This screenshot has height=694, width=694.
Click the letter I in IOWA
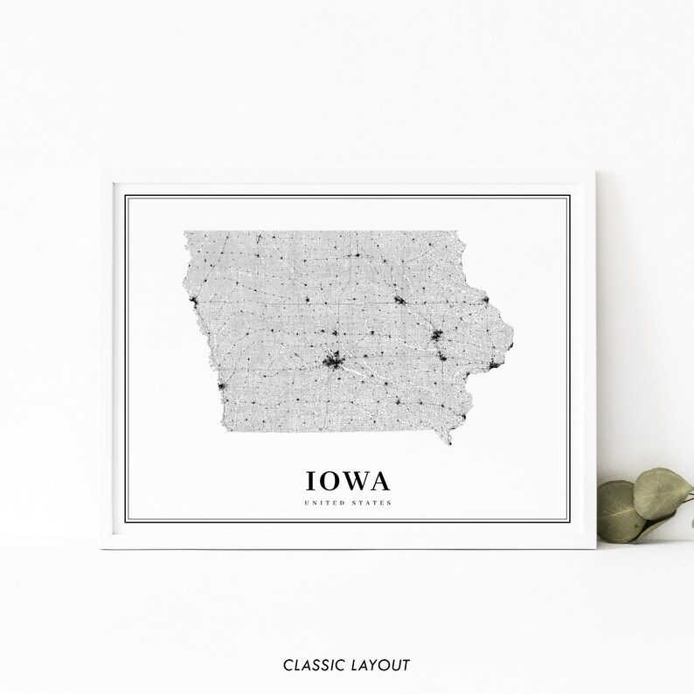[x=309, y=481]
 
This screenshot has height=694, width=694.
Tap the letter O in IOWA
[x=327, y=481]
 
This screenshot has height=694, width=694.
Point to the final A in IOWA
[x=380, y=481]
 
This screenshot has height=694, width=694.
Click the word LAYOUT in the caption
[x=379, y=665]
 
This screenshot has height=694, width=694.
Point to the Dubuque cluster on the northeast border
[x=486, y=300]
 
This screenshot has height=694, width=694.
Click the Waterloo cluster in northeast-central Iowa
[x=399, y=302]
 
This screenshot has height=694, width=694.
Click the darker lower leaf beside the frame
[x=620, y=512]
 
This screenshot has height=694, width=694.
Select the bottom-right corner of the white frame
[x=594, y=547]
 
